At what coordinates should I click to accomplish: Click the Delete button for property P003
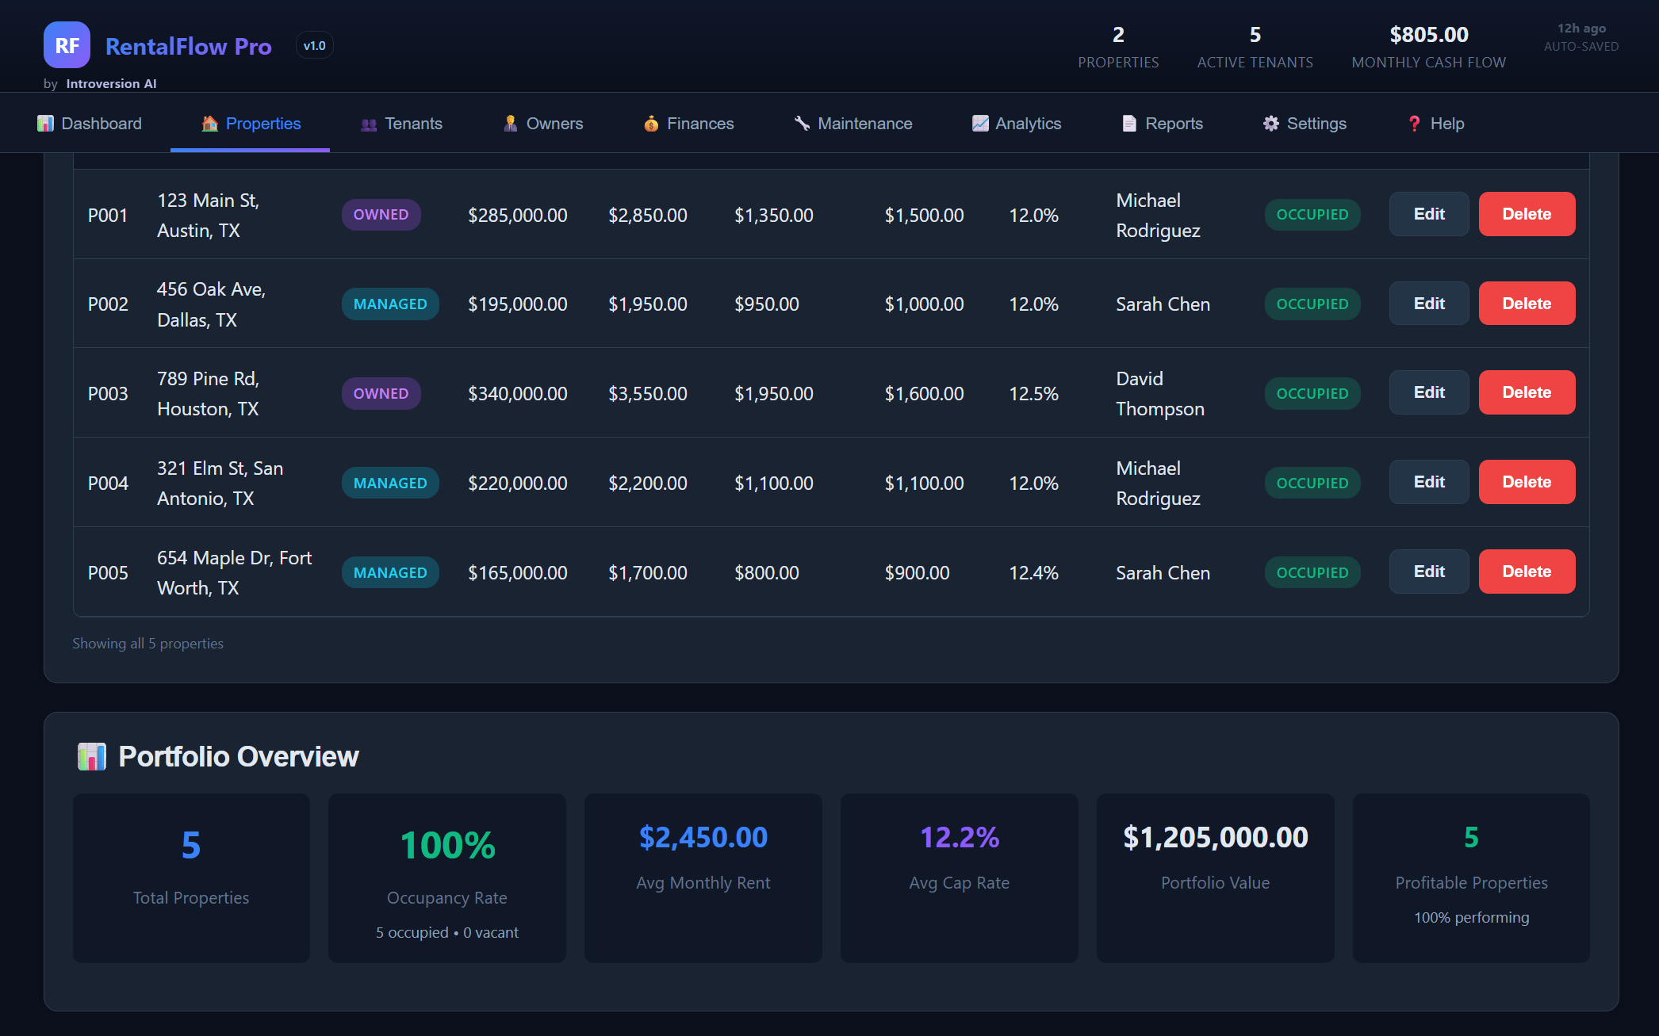[x=1527, y=392]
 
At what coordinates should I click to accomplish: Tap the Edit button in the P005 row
[x=1428, y=572]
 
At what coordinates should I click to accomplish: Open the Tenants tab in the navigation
[x=402, y=124]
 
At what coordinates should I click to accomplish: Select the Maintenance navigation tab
[x=853, y=124]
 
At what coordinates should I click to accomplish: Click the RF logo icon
[x=67, y=45]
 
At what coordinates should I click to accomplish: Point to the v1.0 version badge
[x=314, y=46]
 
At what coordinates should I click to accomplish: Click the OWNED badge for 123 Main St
[x=381, y=215]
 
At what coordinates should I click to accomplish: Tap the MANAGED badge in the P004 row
[x=390, y=483]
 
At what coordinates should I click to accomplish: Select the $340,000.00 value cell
[x=517, y=394]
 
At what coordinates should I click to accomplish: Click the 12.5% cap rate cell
[x=1033, y=394]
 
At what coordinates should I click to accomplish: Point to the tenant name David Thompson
[x=1159, y=394]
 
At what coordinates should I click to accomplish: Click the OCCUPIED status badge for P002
[x=1312, y=304]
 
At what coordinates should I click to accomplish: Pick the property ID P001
[x=108, y=216]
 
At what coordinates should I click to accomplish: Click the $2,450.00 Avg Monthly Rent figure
[x=703, y=837]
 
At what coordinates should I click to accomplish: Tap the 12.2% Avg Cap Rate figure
[x=959, y=837]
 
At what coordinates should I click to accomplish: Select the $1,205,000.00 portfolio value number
[x=1215, y=837]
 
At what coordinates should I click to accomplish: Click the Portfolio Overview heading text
[x=238, y=757]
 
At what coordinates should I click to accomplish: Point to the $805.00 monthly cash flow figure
[x=1428, y=35]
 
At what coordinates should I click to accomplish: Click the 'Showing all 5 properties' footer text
[x=148, y=644]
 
